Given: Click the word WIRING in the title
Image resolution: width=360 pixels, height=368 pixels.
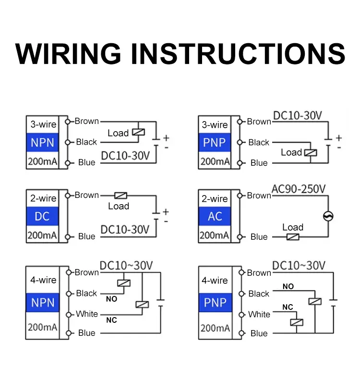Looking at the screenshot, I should (68, 53).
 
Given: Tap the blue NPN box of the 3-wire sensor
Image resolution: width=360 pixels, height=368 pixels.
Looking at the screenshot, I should (42, 143).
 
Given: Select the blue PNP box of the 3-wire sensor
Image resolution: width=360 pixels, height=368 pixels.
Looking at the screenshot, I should (215, 143).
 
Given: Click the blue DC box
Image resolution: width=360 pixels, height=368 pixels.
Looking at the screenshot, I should (42, 216).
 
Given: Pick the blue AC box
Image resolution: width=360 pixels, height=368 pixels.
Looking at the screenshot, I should (215, 217).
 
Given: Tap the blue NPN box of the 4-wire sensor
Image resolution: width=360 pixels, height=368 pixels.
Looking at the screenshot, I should (42, 303).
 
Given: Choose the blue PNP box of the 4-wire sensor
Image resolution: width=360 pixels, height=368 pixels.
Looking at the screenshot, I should (215, 303).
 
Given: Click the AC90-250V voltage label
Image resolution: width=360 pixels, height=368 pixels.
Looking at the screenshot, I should (298, 189).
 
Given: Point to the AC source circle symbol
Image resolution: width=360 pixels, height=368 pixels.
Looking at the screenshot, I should (329, 216).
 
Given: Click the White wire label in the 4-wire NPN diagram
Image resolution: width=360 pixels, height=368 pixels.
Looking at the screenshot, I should (87, 314).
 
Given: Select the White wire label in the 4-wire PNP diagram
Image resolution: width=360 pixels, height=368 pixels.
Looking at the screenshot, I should (259, 314).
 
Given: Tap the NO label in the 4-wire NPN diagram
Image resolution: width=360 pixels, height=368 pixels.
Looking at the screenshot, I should (111, 298).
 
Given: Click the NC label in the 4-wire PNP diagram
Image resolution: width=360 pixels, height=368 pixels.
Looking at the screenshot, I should (288, 307).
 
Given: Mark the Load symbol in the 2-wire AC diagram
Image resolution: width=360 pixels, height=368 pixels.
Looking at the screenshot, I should (292, 237).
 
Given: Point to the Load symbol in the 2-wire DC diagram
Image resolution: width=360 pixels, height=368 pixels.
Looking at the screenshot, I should (120, 196).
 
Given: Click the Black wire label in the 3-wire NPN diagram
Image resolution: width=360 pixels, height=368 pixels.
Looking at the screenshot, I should (86, 142).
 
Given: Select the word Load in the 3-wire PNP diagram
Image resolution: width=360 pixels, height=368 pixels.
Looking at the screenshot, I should (291, 152).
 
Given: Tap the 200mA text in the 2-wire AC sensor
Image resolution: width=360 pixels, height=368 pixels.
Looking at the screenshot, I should (215, 235).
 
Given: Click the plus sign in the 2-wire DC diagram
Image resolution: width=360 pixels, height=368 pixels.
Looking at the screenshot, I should (166, 211).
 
